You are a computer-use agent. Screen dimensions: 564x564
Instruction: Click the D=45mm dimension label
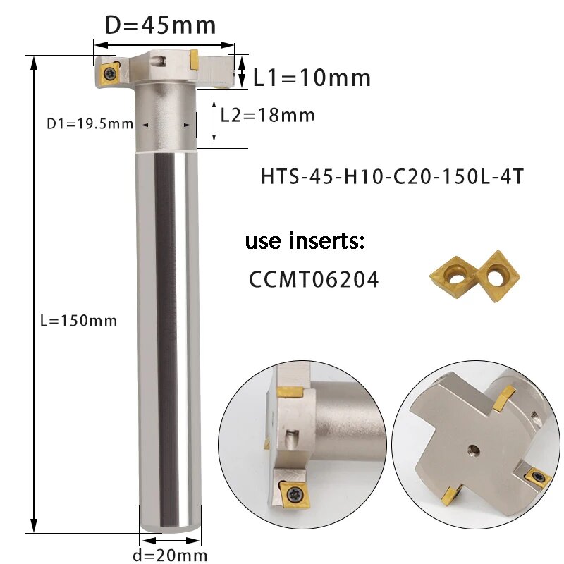point(160,25)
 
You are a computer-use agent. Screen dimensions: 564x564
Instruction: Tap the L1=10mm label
point(312,78)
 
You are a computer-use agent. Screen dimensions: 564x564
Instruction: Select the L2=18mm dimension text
point(267,114)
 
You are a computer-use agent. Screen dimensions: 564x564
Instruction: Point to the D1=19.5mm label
point(90,124)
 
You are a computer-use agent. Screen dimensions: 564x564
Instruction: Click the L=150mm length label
point(78,321)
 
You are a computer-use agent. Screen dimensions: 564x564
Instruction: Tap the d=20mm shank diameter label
point(169,555)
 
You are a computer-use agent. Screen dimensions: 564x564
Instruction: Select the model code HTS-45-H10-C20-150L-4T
point(392,176)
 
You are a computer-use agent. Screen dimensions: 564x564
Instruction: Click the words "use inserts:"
point(305,243)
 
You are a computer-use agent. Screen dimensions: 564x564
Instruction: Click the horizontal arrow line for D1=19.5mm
point(164,125)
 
